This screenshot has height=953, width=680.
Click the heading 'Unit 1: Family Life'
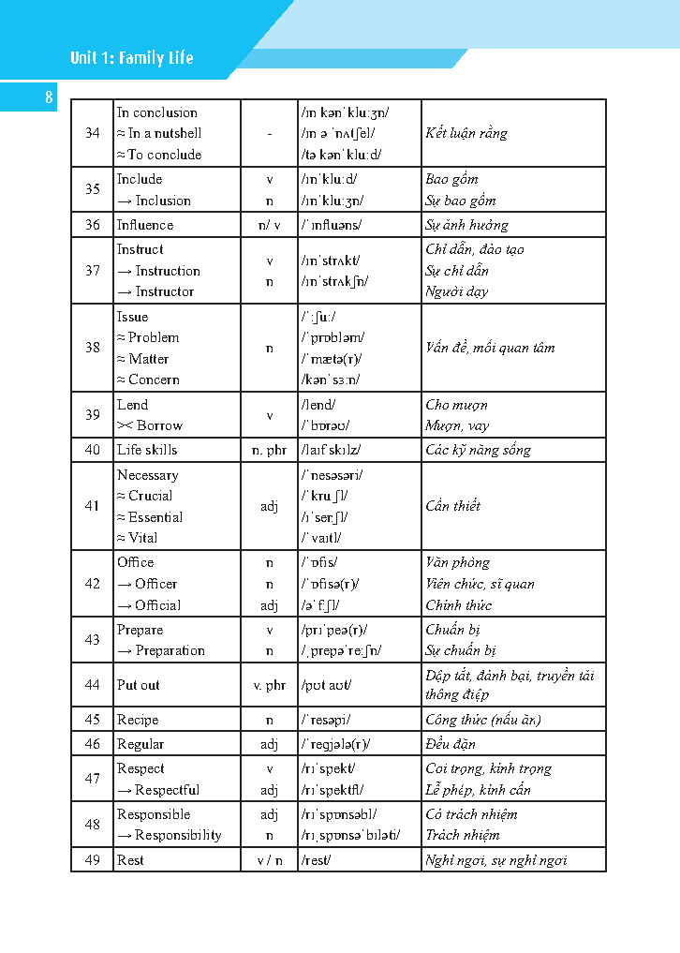(x=131, y=58)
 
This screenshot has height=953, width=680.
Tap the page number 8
(x=49, y=97)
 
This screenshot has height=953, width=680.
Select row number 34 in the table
(x=92, y=133)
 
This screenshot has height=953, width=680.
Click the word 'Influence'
(x=145, y=225)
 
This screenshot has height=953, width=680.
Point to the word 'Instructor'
(x=165, y=291)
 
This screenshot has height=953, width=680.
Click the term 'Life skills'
(x=147, y=450)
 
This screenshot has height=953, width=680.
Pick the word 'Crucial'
(x=150, y=496)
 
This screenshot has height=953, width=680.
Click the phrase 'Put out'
(x=139, y=685)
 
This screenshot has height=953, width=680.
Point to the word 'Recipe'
(x=138, y=720)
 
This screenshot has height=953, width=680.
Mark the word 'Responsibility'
(x=178, y=835)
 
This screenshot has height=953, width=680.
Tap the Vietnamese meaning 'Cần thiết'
(x=453, y=506)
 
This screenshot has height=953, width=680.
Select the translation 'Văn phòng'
(x=457, y=562)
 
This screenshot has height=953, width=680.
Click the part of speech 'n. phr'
(x=270, y=450)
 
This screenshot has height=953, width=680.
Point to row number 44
(x=92, y=685)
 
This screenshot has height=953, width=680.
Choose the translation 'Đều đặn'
(x=451, y=744)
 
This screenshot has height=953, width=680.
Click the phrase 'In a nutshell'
(x=164, y=133)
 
